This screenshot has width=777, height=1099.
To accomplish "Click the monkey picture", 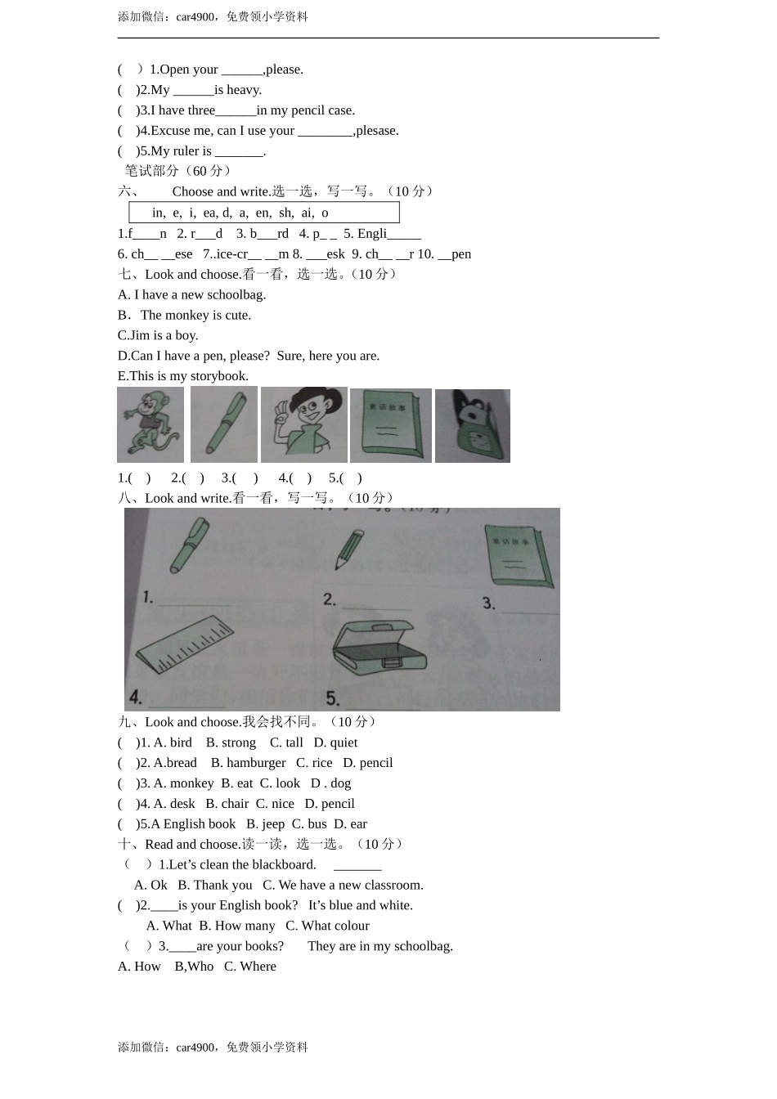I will [x=150, y=425].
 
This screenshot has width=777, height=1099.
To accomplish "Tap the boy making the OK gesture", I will [x=303, y=424].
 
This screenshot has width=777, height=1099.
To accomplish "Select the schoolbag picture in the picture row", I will [x=473, y=426].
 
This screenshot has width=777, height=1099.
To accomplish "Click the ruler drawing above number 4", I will [x=186, y=646].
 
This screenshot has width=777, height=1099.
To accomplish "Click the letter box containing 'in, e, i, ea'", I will [x=263, y=213].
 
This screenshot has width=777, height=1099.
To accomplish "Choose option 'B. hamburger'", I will [x=248, y=763].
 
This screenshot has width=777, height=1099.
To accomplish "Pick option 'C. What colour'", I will [x=327, y=926].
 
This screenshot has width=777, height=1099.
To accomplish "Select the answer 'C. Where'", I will [x=250, y=967].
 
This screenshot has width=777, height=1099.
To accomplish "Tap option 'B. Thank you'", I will [x=215, y=885].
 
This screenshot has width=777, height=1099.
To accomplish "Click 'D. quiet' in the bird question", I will [x=335, y=742].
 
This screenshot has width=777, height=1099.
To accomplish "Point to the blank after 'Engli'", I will [x=405, y=235].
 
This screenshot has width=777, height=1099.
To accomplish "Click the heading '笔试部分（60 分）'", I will [x=177, y=171].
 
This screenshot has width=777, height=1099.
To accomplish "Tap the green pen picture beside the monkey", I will [x=224, y=424].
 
